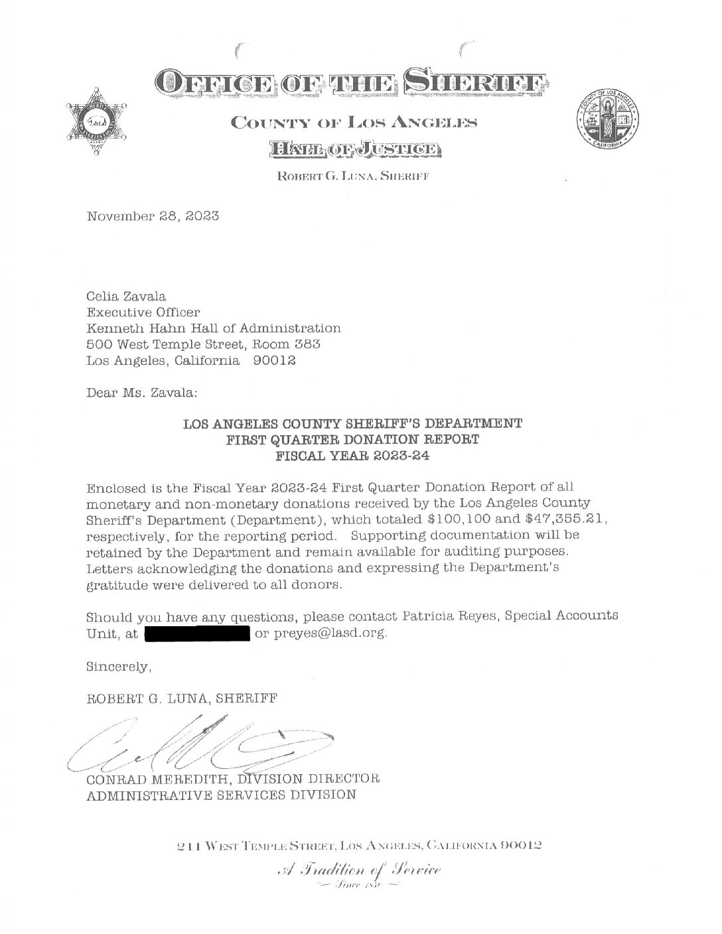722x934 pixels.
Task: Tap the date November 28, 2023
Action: (x=153, y=216)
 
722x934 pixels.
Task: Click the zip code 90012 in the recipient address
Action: (x=274, y=362)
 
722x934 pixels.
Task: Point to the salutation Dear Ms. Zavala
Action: (x=141, y=392)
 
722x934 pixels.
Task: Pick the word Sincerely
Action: (x=119, y=666)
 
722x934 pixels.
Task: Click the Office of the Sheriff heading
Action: (x=351, y=82)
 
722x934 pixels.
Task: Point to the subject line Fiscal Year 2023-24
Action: (x=352, y=456)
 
